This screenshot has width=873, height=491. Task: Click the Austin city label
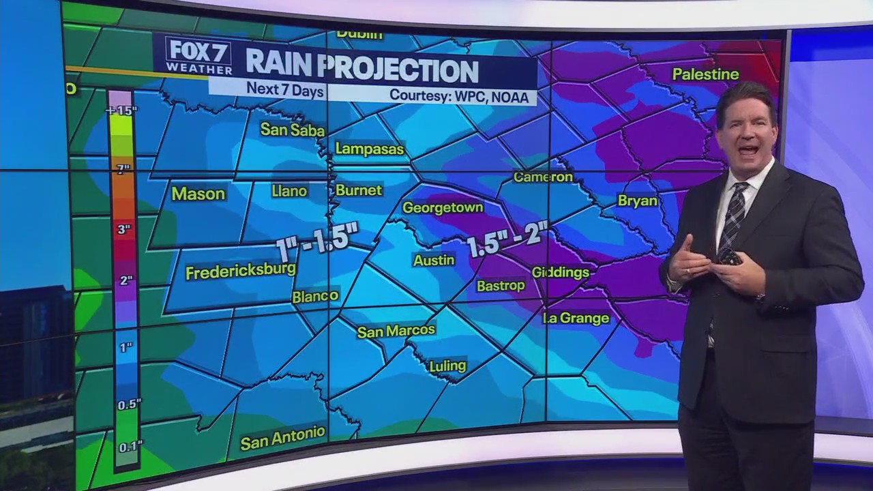point(434,260)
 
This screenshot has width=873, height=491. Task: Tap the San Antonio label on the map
point(282,437)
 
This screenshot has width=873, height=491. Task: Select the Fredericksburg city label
point(241,271)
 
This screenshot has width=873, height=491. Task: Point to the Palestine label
point(705,74)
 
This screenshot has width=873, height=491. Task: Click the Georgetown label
point(443,207)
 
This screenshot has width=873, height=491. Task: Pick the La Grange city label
point(576,318)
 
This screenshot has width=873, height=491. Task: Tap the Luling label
point(447,366)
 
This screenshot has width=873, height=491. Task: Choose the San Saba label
point(293,130)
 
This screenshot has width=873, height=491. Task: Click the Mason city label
point(198,194)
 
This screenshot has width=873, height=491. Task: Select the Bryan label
point(637,200)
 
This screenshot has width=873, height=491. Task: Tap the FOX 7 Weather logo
point(198,56)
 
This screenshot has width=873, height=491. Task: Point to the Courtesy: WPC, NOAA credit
point(458,96)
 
